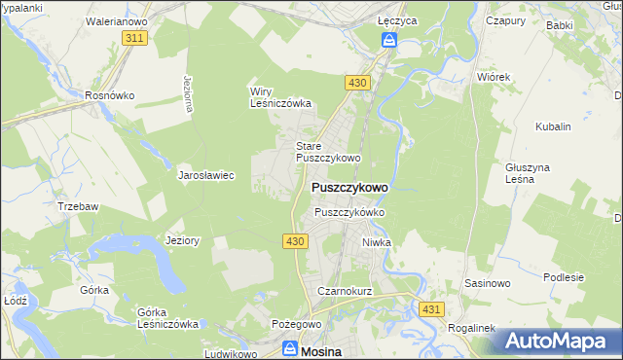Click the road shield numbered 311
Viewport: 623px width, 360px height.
[x=135, y=37]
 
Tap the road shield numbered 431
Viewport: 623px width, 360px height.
[x=433, y=308]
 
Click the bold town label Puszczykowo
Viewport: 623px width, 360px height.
[x=349, y=187]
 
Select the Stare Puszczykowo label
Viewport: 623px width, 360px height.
[x=328, y=151]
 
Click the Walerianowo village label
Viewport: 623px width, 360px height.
[x=116, y=19]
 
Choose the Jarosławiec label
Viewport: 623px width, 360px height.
[x=206, y=176]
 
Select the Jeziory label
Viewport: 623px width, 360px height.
[x=183, y=240]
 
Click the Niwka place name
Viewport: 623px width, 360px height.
[x=376, y=242]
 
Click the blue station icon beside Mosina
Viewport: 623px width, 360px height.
[x=290, y=347]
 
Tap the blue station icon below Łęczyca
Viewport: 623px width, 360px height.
[x=388, y=40]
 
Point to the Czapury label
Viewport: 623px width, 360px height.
[x=505, y=19]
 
